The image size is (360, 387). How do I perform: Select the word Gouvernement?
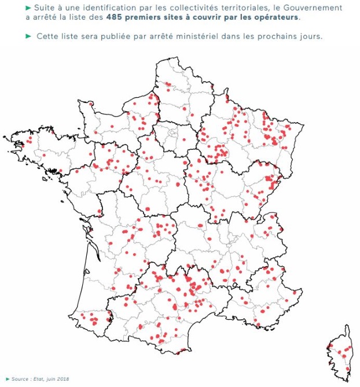click(x=313, y=8)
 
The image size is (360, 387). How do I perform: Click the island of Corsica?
click(x=341, y=353)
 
